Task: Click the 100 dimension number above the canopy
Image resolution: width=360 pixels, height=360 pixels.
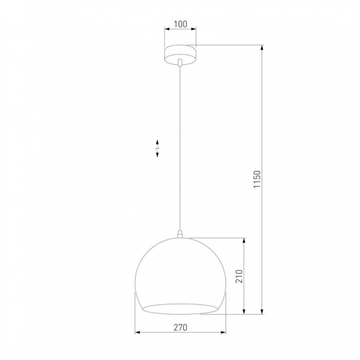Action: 180,25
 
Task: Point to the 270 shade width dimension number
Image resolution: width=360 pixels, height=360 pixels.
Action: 180,327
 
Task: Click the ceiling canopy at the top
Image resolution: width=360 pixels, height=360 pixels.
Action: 180,53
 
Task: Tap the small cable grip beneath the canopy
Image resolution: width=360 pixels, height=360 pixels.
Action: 180,62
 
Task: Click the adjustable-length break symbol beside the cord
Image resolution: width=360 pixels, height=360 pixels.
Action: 157,147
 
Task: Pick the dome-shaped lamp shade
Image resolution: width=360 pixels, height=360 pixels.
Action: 180,269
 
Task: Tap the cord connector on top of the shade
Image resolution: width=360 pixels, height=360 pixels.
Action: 180,232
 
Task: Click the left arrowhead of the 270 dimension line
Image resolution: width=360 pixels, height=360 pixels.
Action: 137,333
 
